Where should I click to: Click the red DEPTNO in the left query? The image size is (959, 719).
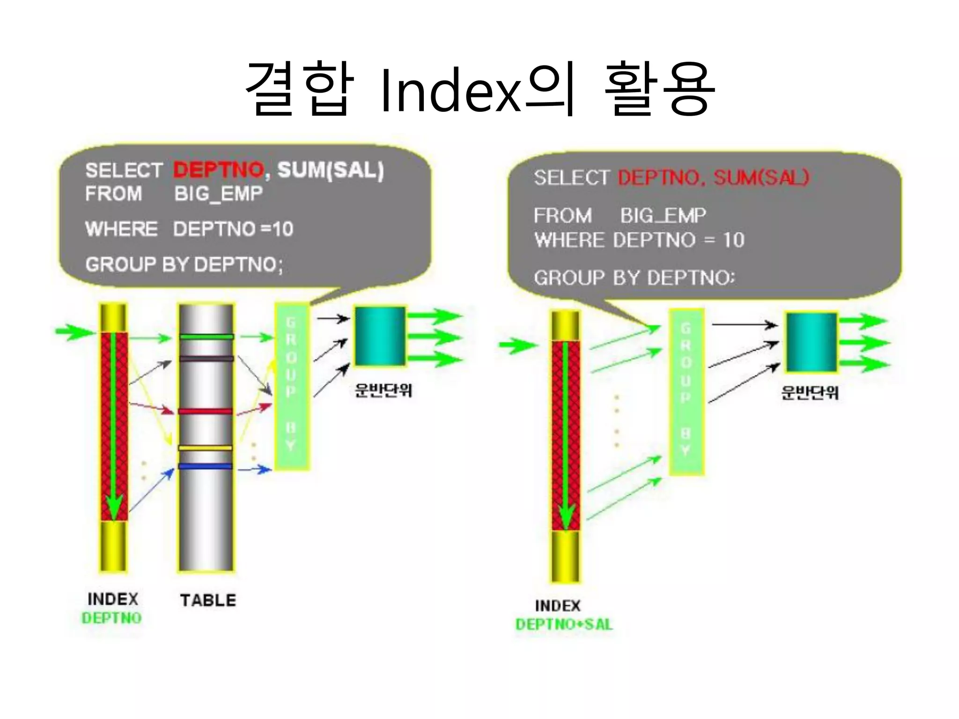219,169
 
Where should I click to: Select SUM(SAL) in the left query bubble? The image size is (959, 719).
331,169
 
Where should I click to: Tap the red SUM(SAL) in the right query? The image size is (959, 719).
761,177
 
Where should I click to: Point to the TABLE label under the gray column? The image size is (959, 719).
208,600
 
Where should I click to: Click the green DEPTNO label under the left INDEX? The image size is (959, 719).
111,618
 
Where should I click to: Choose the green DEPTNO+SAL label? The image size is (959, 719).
564,624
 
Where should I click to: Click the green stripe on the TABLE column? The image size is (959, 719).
206,337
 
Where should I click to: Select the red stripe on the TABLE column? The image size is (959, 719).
205,411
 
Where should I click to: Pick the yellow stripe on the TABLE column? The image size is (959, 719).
205,448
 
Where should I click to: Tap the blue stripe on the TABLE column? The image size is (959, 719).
205,466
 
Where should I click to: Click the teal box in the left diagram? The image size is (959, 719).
380,336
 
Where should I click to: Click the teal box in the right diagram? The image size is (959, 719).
811,342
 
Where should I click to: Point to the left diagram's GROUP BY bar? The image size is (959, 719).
291,386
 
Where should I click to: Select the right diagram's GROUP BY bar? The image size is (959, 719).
686,392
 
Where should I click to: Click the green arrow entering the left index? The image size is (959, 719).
74,332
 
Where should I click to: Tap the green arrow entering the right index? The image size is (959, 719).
516,346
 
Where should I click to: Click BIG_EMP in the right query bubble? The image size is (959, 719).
663,215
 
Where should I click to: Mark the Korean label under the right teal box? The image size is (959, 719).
810,392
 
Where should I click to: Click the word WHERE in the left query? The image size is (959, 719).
121,229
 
